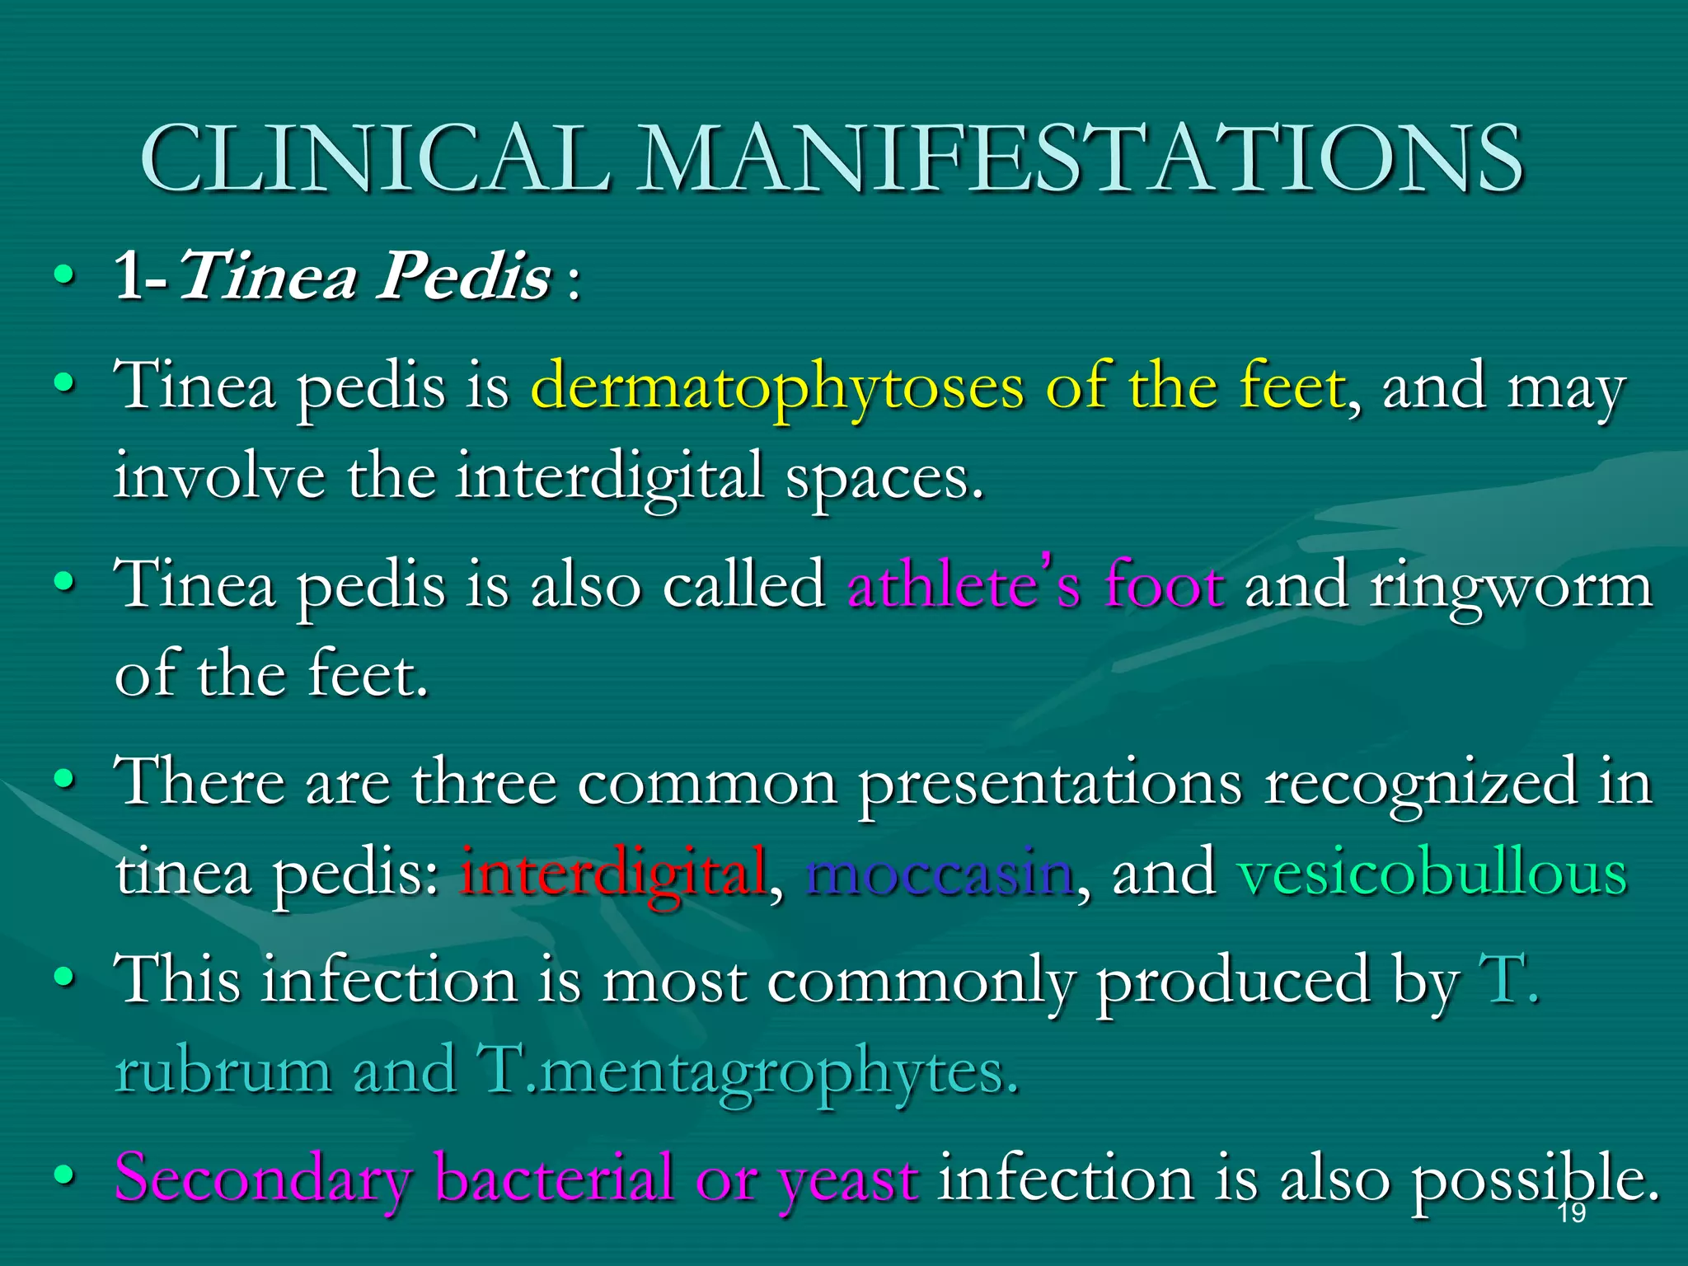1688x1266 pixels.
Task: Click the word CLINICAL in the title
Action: pos(375,157)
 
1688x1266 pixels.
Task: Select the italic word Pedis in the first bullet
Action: pos(464,276)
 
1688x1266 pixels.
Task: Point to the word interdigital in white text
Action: pos(610,476)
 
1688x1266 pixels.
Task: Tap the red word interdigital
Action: pos(614,873)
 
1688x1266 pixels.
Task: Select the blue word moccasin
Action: pos(940,873)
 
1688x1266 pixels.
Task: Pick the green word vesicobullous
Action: pos(1432,873)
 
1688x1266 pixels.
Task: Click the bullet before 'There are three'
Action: pos(64,778)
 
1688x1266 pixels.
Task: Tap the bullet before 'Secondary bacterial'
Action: pos(64,1174)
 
